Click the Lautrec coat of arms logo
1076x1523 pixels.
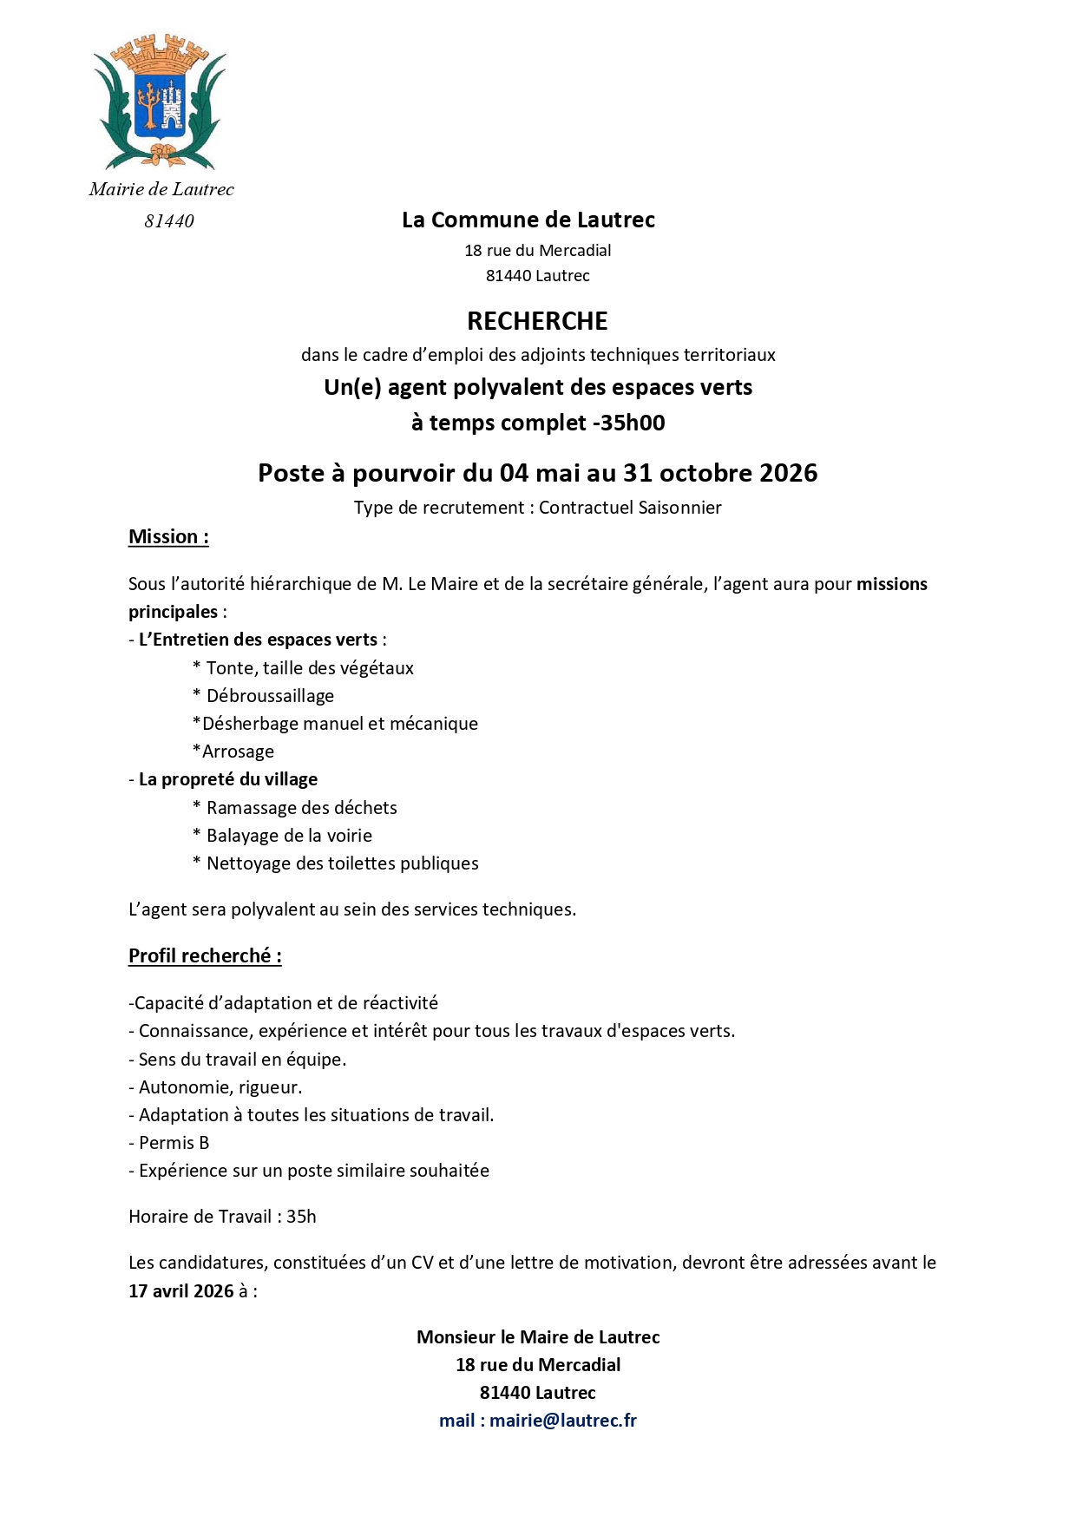[160, 102]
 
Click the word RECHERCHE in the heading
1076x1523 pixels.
[537, 321]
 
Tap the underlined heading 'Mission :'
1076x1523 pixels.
[168, 537]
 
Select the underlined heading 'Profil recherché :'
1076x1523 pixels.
[205, 955]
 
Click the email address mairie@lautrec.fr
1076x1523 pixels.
[562, 1421]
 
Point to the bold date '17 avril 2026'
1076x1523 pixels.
[181, 1290]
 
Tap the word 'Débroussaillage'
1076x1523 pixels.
[270, 696]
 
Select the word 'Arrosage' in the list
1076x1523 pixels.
[238, 752]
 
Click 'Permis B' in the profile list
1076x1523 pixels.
[174, 1143]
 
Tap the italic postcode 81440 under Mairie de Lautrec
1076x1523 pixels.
[169, 221]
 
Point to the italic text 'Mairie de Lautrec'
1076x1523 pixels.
[161, 189]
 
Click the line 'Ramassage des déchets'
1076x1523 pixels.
[301, 808]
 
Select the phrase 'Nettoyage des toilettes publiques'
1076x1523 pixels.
[342, 863]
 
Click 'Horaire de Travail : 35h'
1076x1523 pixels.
[222, 1217]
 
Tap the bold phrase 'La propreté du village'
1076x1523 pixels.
[228, 779]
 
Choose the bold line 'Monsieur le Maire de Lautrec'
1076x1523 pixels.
[538, 1337]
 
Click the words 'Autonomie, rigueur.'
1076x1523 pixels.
[220, 1087]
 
